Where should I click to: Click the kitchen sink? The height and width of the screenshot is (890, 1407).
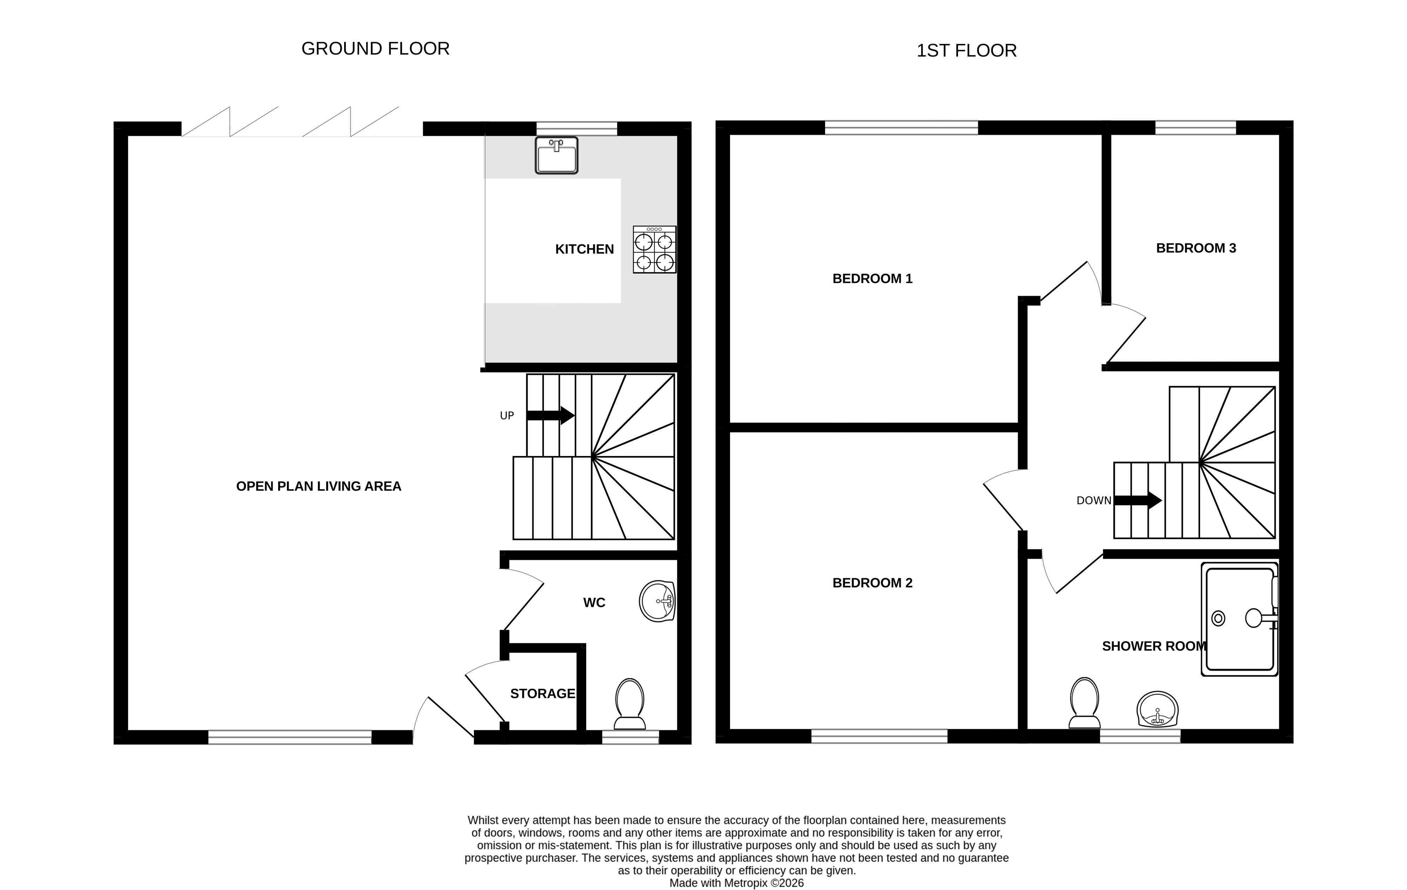[x=556, y=155]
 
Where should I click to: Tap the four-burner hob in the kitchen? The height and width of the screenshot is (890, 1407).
[x=655, y=249]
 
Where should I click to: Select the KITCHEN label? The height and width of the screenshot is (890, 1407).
[x=584, y=249]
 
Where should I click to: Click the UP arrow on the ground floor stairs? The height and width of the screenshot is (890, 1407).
[x=550, y=415]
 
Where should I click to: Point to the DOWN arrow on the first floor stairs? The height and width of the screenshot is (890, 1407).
[x=1138, y=500]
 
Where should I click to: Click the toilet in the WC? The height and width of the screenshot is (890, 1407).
[x=630, y=704]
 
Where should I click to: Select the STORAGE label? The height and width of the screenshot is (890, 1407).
[x=543, y=694]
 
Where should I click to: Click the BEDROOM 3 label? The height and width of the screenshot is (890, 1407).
[x=1196, y=248]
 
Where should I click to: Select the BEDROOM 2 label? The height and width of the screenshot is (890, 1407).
[x=872, y=583]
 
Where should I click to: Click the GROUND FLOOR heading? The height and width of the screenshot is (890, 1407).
[x=376, y=48]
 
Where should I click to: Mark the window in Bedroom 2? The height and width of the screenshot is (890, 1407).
[x=879, y=736]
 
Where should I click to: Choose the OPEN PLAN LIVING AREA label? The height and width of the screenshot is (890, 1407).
[x=319, y=486]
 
